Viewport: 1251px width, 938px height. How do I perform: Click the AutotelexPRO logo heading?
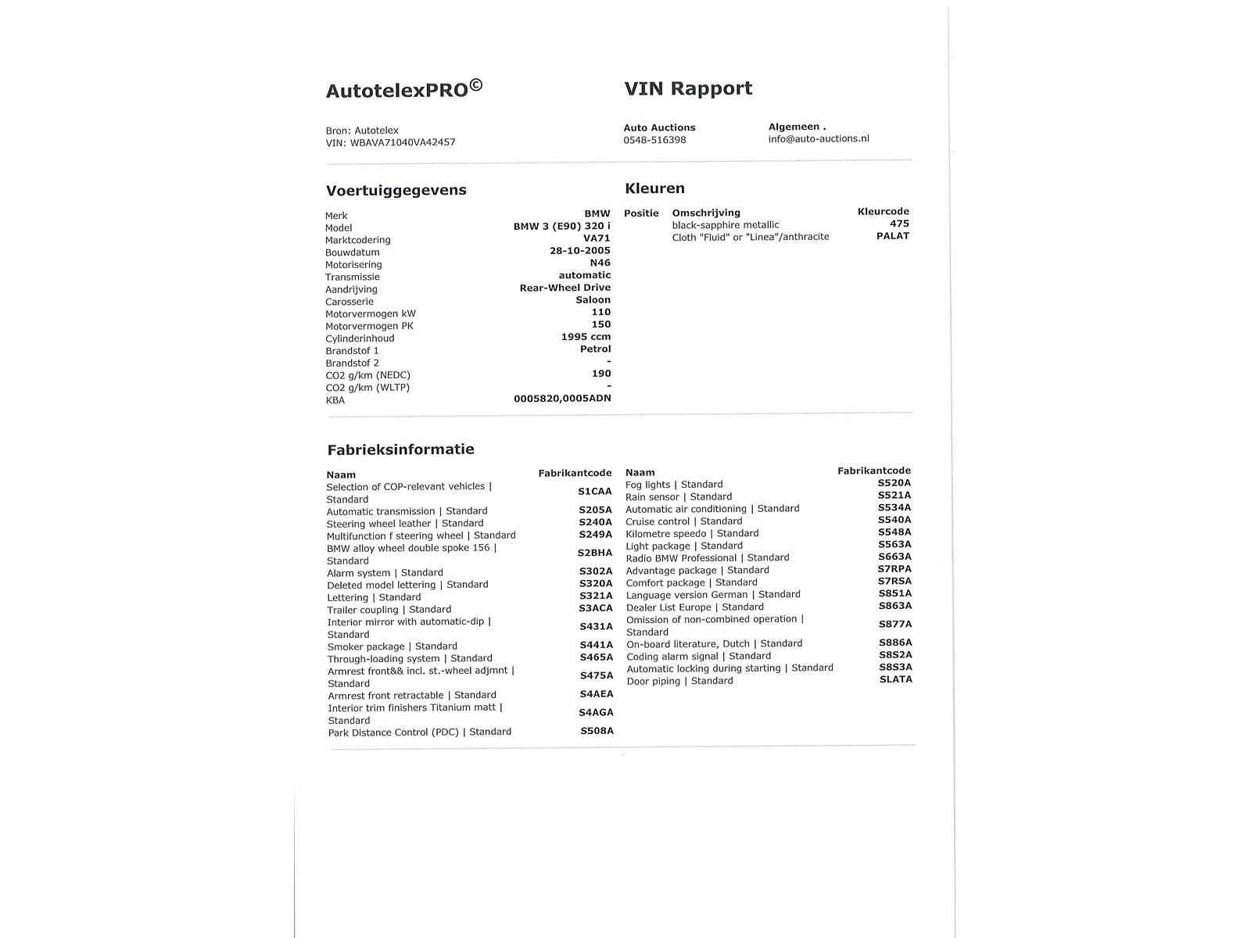(403, 89)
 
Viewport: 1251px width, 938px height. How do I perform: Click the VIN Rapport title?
(688, 88)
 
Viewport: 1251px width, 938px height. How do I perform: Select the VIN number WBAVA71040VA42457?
(403, 142)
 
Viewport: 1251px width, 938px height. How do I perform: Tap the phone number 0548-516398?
(654, 140)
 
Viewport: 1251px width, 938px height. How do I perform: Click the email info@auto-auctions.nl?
(819, 138)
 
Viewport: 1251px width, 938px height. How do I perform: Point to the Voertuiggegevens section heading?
(396, 190)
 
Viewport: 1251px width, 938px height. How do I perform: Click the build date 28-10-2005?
(579, 251)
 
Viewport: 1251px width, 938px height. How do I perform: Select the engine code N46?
(600, 263)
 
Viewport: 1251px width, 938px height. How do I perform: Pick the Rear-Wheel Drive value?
(565, 288)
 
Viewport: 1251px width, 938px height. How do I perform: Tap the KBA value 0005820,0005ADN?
(562, 399)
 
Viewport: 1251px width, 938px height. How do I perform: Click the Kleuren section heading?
(654, 188)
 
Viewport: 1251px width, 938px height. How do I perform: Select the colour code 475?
(899, 224)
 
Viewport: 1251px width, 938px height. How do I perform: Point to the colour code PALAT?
(893, 236)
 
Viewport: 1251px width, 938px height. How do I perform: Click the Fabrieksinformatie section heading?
(400, 449)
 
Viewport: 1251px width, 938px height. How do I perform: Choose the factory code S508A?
(597, 732)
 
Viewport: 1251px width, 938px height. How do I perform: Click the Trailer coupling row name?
(389, 610)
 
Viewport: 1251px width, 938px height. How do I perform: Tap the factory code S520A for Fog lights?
(894, 483)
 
